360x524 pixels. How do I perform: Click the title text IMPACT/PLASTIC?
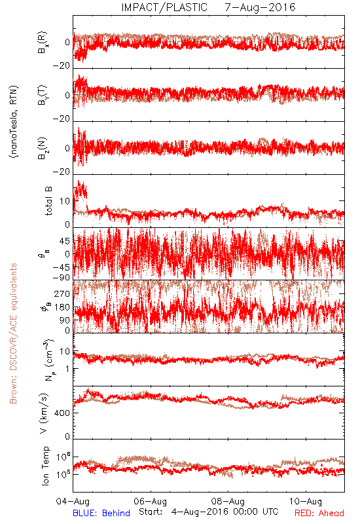(164, 7)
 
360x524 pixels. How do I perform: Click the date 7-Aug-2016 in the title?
(260, 7)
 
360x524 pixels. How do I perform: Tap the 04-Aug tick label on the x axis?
(73, 501)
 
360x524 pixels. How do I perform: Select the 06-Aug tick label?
(151, 501)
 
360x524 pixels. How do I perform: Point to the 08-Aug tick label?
(228, 501)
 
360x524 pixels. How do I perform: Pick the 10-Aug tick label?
(306, 501)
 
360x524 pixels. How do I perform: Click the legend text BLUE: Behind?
(101, 513)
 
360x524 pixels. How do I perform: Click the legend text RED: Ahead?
(319, 513)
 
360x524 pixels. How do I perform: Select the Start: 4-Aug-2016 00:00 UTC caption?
(209, 512)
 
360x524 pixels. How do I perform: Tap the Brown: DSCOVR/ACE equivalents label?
(13, 333)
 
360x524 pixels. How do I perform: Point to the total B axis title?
(48, 201)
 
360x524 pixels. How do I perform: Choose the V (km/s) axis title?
(44, 413)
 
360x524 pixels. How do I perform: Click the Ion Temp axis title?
(45, 466)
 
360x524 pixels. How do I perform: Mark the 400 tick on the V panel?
(62, 413)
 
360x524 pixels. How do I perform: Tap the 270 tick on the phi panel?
(62, 293)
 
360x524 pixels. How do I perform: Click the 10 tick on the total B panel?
(65, 201)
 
